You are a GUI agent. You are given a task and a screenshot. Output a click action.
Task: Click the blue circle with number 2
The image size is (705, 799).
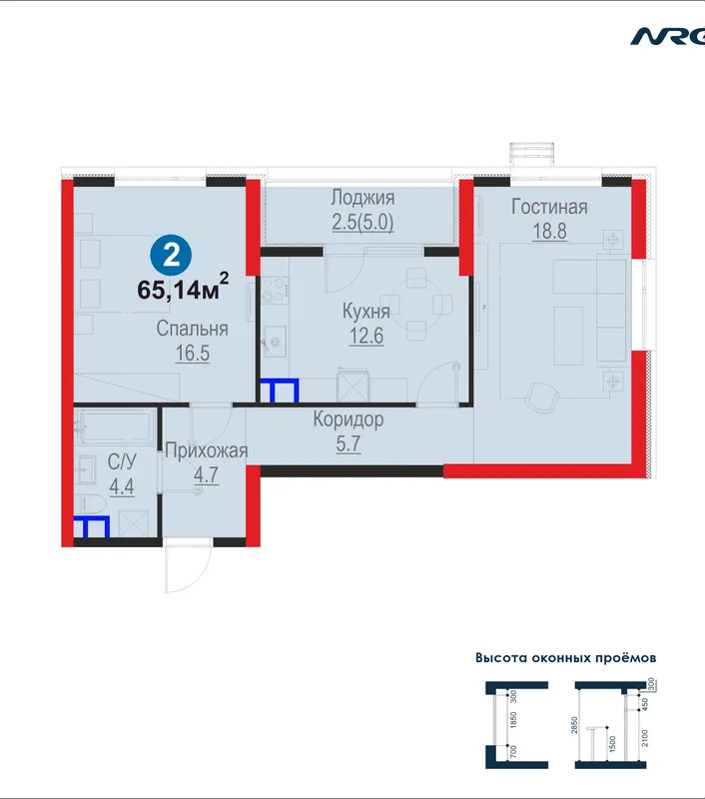point(171,256)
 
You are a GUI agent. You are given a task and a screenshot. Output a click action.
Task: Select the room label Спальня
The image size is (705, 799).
point(192,329)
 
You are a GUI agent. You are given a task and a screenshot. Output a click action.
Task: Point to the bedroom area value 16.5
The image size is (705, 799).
point(192,354)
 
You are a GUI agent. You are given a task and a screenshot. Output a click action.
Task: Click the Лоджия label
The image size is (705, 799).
point(362,198)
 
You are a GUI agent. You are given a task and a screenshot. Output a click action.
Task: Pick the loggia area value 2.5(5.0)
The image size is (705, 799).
point(362,223)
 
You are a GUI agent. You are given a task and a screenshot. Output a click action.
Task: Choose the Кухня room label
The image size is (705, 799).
point(366,312)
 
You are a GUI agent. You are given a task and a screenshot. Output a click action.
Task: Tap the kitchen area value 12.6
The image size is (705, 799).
point(366,337)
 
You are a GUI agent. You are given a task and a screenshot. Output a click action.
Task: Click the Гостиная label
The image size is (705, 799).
point(549,207)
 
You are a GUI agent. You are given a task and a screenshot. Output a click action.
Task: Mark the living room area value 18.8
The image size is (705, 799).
point(549,232)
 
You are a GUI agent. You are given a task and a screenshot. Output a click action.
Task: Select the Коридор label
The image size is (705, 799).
point(349,419)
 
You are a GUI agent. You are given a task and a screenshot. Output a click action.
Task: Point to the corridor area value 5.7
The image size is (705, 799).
point(349,443)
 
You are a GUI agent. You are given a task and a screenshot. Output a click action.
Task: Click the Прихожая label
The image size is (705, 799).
point(207,451)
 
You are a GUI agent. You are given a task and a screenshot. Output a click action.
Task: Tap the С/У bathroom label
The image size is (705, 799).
point(122,461)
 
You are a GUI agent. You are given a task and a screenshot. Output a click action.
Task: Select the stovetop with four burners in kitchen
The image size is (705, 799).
point(275,290)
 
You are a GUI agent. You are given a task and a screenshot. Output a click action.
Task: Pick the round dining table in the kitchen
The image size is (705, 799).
point(416,305)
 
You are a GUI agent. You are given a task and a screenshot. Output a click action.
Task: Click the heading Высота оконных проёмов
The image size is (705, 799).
point(566,658)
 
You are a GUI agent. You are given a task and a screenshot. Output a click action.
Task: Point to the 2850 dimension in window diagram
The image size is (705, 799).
point(574,726)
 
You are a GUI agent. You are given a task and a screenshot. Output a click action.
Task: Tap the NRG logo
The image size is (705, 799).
point(667,37)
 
